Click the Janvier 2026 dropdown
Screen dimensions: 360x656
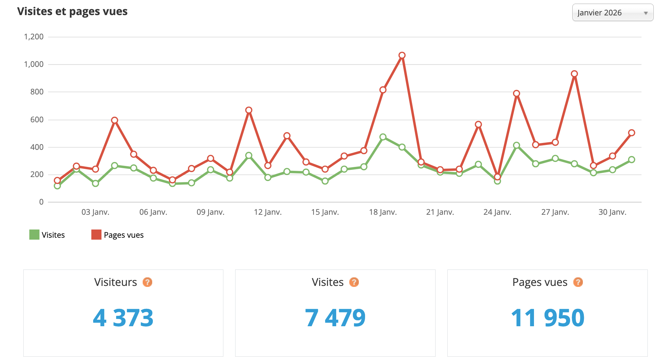click(x=612, y=13)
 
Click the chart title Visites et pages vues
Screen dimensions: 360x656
click(x=72, y=11)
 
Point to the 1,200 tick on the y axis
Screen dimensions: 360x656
click(x=34, y=37)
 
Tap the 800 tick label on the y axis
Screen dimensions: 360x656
click(x=37, y=92)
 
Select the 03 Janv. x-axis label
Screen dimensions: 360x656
click(x=95, y=212)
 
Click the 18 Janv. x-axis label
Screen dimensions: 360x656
click(x=383, y=212)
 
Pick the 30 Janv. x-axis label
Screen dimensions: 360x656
click(x=612, y=212)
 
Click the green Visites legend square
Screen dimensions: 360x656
click(x=34, y=235)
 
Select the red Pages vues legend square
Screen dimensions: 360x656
click(x=96, y=235)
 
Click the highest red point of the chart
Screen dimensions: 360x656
click(x=402, y=55)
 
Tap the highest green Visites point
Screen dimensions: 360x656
click(x=383, y=137)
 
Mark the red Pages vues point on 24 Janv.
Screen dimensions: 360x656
click(x=497, y=177)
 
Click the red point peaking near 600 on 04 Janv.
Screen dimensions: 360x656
click(x=114, y=120)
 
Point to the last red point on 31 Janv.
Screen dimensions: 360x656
click(x=631, y=133)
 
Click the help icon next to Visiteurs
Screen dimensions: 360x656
click(x=147, y=282)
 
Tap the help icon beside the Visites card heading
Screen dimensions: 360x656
click(x=354, y=282)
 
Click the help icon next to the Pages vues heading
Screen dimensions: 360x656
click(x=578, y=282)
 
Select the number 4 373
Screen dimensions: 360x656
click(x=123, y=318)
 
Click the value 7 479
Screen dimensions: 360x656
click(x=335, y=318)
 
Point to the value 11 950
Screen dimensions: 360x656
click(x=547, y=318)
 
